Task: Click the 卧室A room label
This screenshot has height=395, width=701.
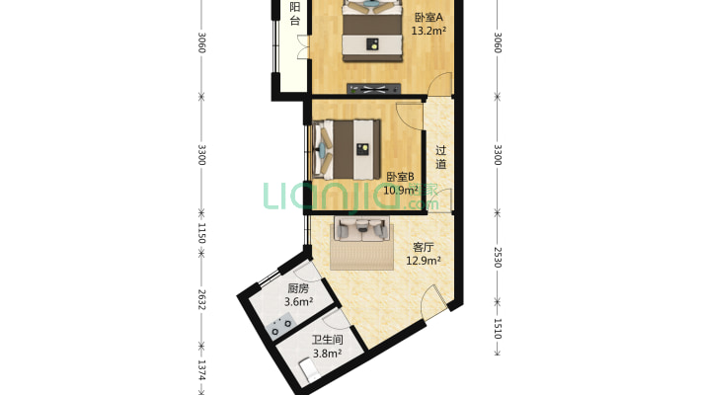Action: point(428,18)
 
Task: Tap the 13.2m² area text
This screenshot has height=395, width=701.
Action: point(428,31)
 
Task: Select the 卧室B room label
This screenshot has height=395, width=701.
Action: point(400,177)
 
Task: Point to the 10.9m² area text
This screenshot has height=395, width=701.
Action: point(401,191)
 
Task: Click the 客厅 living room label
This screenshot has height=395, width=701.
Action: point(423,248)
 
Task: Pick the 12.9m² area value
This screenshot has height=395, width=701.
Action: point(424,261)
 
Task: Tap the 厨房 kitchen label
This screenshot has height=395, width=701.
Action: point(298,288)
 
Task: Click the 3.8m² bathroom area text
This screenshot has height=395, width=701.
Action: point(327,354)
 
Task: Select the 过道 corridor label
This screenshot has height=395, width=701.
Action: point(440,157)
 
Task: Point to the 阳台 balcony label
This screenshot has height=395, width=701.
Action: point(294,14)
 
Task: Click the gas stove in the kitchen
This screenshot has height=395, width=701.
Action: point(280,325)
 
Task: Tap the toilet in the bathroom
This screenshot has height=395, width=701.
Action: point(309,369)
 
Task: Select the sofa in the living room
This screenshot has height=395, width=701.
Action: point(361,228)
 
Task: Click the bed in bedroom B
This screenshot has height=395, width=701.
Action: point(347,149)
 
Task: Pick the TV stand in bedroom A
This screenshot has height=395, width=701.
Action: point(374,89)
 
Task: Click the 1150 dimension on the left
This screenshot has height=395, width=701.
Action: point(201,233)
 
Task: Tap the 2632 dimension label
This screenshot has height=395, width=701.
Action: point(201,300)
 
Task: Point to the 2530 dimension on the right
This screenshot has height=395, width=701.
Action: point(498,258)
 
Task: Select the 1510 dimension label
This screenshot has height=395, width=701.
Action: point(498,329)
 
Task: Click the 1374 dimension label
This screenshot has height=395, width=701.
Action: point(201,370)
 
